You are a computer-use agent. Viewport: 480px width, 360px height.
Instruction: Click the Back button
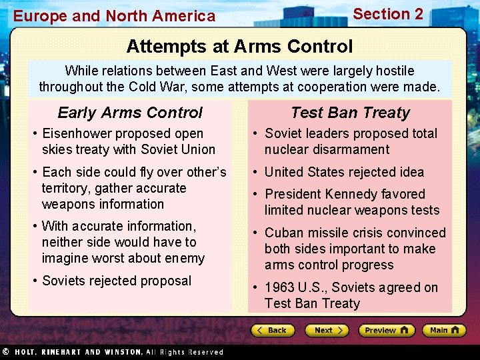tap(273, 330)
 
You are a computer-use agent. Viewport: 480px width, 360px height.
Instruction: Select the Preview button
tap(386, 330)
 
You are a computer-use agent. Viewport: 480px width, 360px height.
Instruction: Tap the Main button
tap(443, 330)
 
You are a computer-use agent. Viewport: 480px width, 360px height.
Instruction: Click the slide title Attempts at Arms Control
tap(239, 46)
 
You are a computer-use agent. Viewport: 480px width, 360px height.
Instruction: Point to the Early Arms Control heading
tap(130, 113)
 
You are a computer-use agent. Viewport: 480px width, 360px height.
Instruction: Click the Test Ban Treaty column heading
tap(350, 113)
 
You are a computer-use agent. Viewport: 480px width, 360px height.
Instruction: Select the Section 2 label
tap(387, 14)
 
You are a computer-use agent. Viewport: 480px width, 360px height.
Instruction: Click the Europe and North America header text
tap(115, 16)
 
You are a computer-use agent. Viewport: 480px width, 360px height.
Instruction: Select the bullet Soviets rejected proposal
tap(116, 281)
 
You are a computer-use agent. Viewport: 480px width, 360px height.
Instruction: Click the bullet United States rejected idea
tap(343, 172)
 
